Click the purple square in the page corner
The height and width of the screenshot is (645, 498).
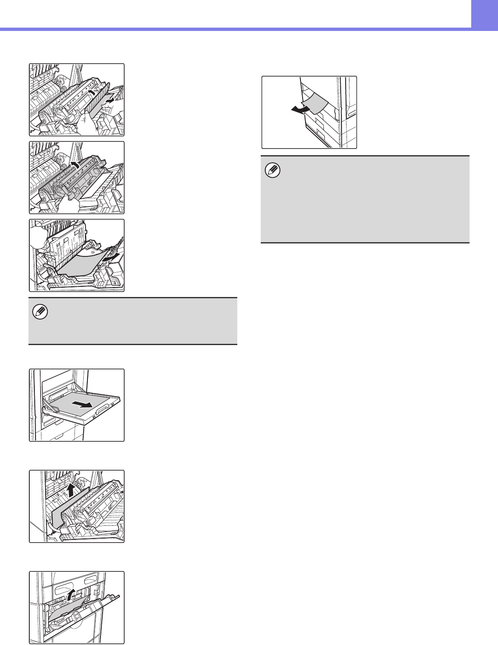[x=485, y=13]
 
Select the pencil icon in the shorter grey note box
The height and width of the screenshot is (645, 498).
[x=42, y=312]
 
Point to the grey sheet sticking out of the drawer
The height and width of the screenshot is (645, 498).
[x=315, y=103]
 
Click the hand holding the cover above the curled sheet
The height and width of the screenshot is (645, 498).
[x=39, y=233]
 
